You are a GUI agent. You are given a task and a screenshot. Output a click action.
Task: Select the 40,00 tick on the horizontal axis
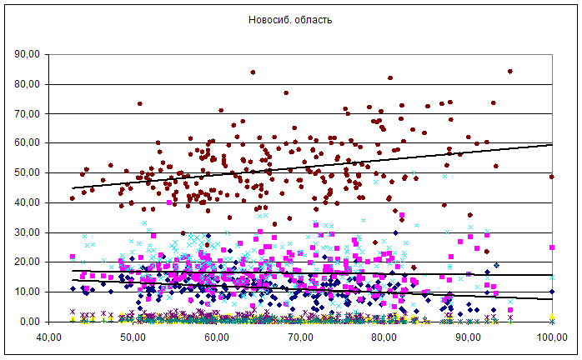(x=48, y=337)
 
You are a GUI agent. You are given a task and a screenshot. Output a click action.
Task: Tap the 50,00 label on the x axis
(x=133, y=337)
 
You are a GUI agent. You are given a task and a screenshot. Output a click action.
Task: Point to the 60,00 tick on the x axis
(x=217, y=337)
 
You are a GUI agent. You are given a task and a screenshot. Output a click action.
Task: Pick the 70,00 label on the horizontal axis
(x=300, y=337)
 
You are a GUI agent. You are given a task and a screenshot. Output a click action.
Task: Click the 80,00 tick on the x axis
(x=384, y=337)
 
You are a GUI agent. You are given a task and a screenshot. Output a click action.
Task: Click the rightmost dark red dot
(x=552, y=177)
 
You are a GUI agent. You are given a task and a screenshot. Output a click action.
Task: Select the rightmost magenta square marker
(x=552, y=247)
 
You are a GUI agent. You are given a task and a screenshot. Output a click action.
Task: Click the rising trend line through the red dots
(x=334, y=165)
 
